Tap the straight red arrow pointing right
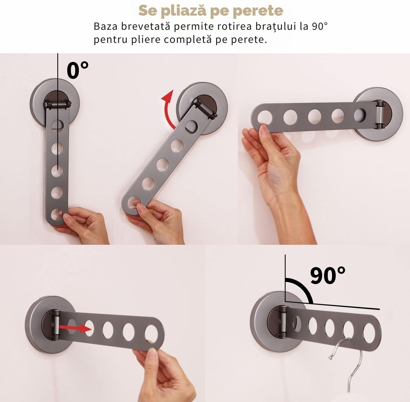click(x=76, y=329)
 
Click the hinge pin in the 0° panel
click(x=58, y=104)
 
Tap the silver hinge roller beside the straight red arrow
click(x=56, y=325)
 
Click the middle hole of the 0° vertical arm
click(x=57, y=170)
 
